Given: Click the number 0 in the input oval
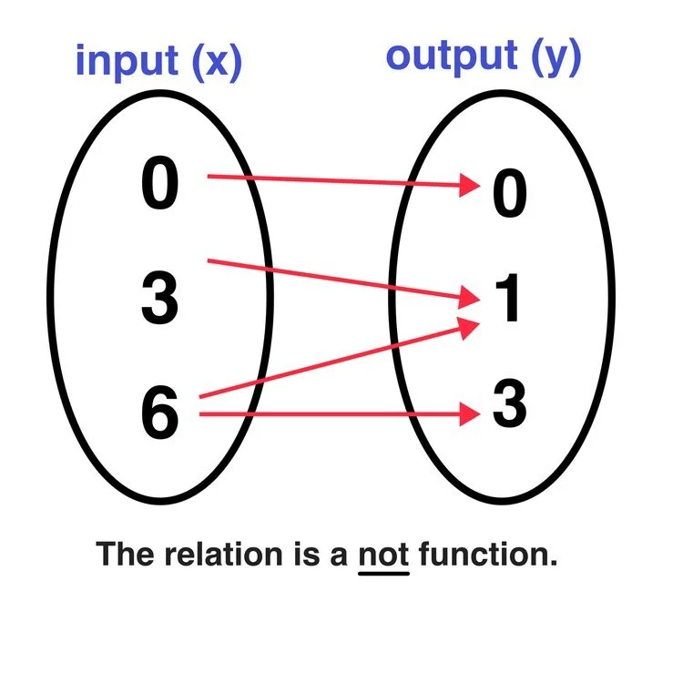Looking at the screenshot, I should (160, 186).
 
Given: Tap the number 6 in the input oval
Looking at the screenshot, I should (160, 412).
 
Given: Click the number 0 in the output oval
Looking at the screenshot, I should (509, 195).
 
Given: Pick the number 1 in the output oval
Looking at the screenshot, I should (506, 301).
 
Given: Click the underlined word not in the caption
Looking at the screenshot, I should (384, 554).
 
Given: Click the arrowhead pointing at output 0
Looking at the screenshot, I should (470, 186).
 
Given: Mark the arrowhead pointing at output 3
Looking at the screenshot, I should (470, 415).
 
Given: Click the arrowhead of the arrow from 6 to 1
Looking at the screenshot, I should (470, 326).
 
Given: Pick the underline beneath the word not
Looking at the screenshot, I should (384, 573).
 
